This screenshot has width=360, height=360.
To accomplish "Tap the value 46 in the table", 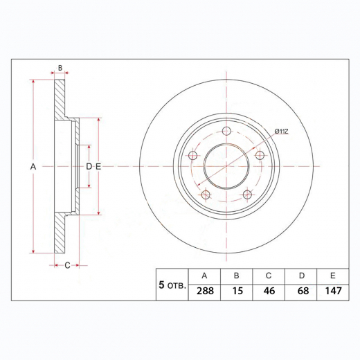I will [x=269, y=291].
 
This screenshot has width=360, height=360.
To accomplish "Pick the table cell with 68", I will [x=302, y=291].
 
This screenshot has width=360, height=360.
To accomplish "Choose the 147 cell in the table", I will [x=333, y=291].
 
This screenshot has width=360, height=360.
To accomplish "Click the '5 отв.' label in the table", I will [x=172, y=285].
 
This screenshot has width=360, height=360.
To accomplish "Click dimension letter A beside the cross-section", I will [x=33, y=167].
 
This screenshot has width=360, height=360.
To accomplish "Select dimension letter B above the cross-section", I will [x=60, y=68].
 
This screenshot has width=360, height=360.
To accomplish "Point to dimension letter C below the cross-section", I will [x=66, y=265].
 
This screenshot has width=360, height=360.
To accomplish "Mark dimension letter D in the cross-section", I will [x=89, y=167].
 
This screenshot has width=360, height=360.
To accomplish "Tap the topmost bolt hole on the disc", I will [x=226, y=132].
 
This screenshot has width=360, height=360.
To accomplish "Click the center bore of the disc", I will [x=226, y=166].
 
